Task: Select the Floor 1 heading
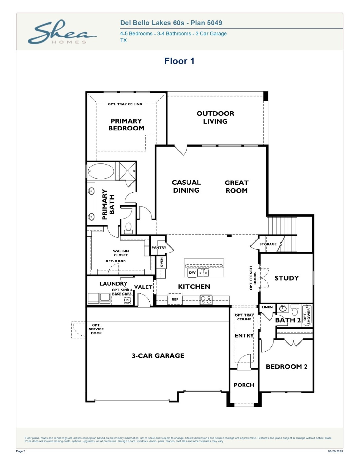pyautogui.click(x=179, y=61)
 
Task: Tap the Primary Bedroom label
pyautogui.click(x=126, y=125)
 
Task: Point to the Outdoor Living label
pyautogui.click(x=215, y=117)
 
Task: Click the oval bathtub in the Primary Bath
pyautogui.click(x=101, y=171)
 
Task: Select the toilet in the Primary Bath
pyautogui.click(x=128, y=228)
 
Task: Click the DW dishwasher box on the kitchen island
pyautogui.click(x=192, y=272)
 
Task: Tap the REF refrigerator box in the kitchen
pyautogui.click(x=175, y=299)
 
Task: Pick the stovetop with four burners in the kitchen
pyautogui.click(x=206, y=300)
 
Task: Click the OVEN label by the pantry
pyautogui.click(x=161, y=262)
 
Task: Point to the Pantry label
pyautogui.click(x=159, y=248)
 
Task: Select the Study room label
pyautogui.click(x=287, y=278)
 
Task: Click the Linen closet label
pyautogui.click(x=267, y=307)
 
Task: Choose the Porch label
pyautogui.click(x=244, y=385)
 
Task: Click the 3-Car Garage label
pyautogui.click(x=158, y=356)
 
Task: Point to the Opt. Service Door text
pyautogui.click(x=96, y=329)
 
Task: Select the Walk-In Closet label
pyautogui.click(x=121, y=253)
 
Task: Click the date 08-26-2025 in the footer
pyautogui.click(x=335, y=451)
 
